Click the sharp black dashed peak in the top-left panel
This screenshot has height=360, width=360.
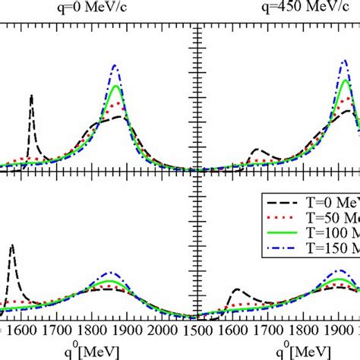(x=31, y=96)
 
